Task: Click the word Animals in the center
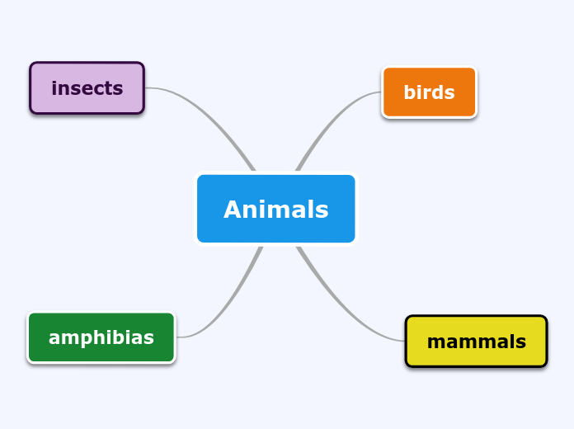coord(275,210)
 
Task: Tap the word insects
coord(87,88)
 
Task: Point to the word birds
coord(429,92)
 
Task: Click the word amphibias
coord(101,337)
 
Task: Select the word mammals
coord(476,342)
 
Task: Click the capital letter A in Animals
coord(232,210)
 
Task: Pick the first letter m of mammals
coord(435,342)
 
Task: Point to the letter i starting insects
coord(54,88)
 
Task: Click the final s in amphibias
coord(148,338)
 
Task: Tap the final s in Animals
coord(322,211)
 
